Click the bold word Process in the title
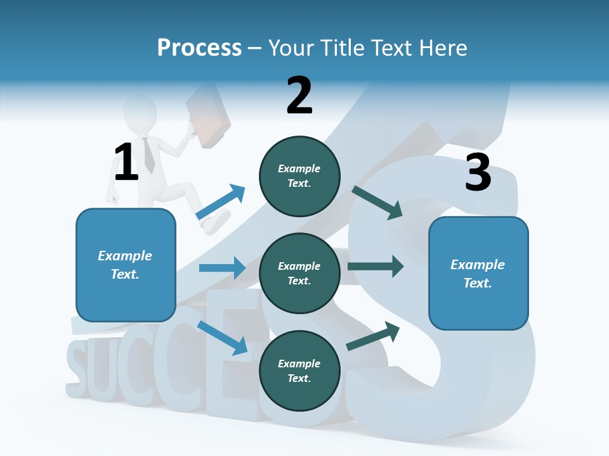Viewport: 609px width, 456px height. coord(199,48)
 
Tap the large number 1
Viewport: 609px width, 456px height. coord(126,162)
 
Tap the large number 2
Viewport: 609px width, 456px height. coord(299,95)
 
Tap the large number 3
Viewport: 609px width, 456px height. coord(478,173)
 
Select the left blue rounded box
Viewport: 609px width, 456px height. coord(126,265)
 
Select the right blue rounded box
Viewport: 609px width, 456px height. coord(478,273)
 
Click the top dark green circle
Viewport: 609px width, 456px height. coord(299,176)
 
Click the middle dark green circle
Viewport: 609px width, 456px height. coord(299,273)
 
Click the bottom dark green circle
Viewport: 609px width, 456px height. coord(299,370)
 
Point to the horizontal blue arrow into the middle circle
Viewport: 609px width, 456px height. coord(222,268)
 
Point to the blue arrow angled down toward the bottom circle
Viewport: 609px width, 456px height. coord(223,338)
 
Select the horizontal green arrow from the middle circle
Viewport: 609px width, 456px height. coord(376,267)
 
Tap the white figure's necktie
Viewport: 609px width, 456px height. coord(148,155)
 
